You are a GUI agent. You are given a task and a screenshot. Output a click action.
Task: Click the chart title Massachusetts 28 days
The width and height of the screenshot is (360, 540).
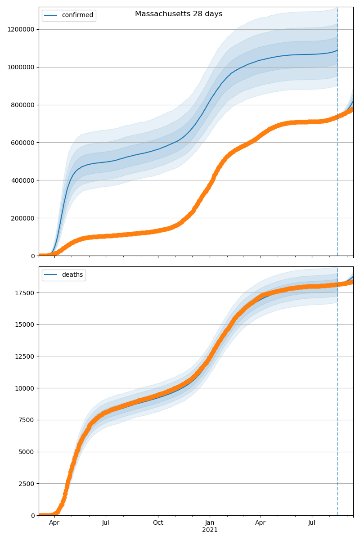[179, 14]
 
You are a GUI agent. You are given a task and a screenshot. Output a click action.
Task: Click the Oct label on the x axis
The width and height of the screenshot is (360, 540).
[158, 523]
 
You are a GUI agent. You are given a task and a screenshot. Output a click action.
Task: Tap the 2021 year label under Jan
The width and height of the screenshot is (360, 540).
[210, 530]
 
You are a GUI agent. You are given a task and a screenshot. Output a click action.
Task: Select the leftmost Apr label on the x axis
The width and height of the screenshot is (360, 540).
[54, 523]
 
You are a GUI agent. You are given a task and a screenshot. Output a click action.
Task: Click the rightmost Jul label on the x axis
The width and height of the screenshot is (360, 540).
[312, 523]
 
